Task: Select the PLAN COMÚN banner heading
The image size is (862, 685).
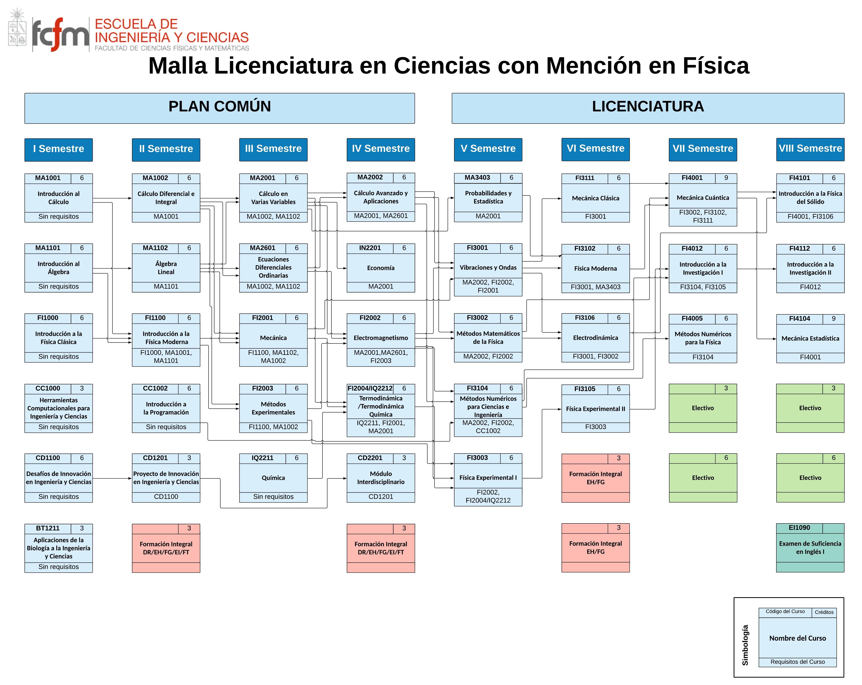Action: pyautogui.click(x=220, y=106)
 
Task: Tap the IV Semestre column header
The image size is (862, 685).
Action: pyautogui.click(x=381, y=149)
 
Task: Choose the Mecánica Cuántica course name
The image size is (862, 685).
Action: pyautogui.click(x=702, y=198)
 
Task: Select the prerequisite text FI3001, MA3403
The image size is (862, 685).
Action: pyautogui.click(x=595, y=287)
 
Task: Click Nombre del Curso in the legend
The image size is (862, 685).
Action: pyautogui.click(x=797, y=638)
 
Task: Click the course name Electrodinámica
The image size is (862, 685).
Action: pyautogui.click(x=595, y=338)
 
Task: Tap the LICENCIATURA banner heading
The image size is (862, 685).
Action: pyautogui.click(x=648, y=106)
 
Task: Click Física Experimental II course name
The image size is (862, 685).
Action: pyautogui.click(x=595, y=409)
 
